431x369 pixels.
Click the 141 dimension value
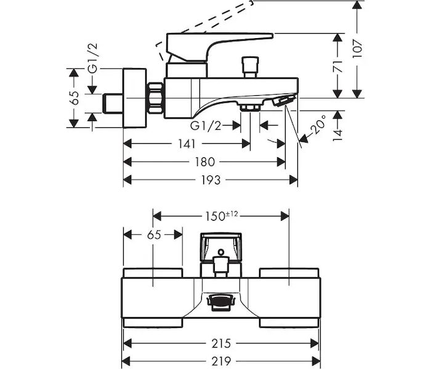click(187, 143)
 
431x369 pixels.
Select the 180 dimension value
click(205, 162)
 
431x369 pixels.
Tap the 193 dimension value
click(211, 180)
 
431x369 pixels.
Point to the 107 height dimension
click(357, 49)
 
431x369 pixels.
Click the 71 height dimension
click(337, 66)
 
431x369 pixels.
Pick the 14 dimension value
click(337, 135)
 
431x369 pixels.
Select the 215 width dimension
click(221, 343)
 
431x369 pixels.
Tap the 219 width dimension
click(221, 360)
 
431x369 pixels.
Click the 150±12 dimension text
click(222, 216)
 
